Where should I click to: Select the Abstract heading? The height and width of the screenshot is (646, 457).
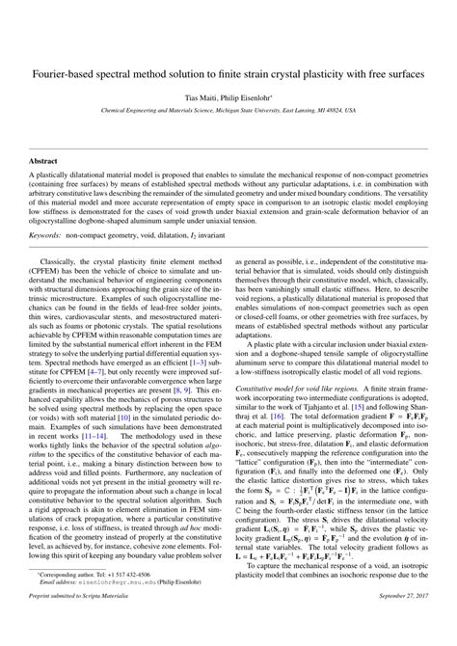pos(43,161)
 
